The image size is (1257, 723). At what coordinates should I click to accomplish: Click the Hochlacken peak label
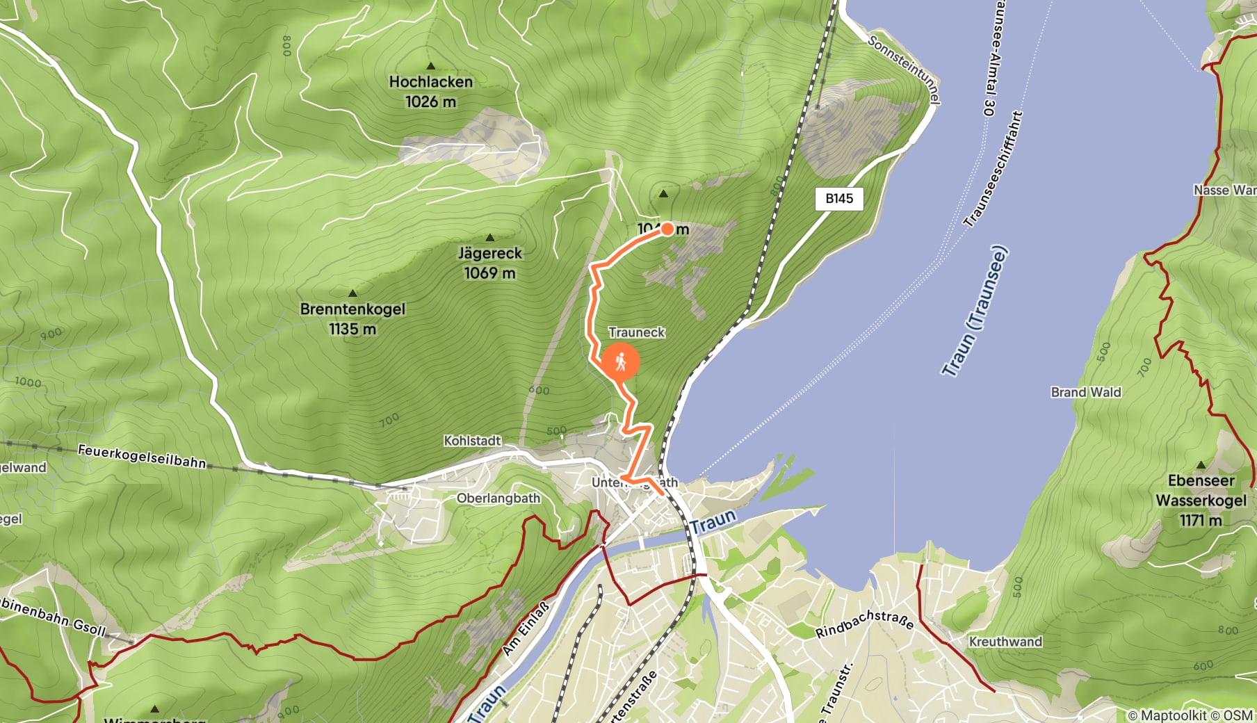point(430,82)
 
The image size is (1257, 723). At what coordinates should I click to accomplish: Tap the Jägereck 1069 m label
point(489,263)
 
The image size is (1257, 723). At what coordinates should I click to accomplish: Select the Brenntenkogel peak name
point(352,309)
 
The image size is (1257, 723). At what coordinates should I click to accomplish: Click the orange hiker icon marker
point(620,362)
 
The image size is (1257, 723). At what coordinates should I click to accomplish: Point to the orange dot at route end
point(667,229)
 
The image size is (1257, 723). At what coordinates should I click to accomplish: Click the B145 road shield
point(839,199)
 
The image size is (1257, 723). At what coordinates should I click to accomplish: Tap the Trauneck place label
point(636,332)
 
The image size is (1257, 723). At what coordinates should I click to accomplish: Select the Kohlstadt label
point(472,441)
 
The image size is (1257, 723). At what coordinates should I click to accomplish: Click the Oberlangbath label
point(498,498)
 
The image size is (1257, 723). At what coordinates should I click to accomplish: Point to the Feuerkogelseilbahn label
point(142,456)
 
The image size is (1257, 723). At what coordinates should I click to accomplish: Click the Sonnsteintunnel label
point(904,69)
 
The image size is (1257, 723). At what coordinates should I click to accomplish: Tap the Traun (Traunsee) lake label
point(975,311)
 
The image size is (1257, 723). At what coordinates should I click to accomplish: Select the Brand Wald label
point(1085,392)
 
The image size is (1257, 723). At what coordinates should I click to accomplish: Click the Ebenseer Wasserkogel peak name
point(1201,491)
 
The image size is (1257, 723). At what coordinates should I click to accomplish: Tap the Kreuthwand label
point(1005,642)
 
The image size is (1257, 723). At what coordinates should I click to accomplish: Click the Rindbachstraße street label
point(864,624)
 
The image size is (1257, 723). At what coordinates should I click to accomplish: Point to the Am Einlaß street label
point(526,628)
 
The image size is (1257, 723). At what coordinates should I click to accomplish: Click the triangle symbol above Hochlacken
point(430,66)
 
